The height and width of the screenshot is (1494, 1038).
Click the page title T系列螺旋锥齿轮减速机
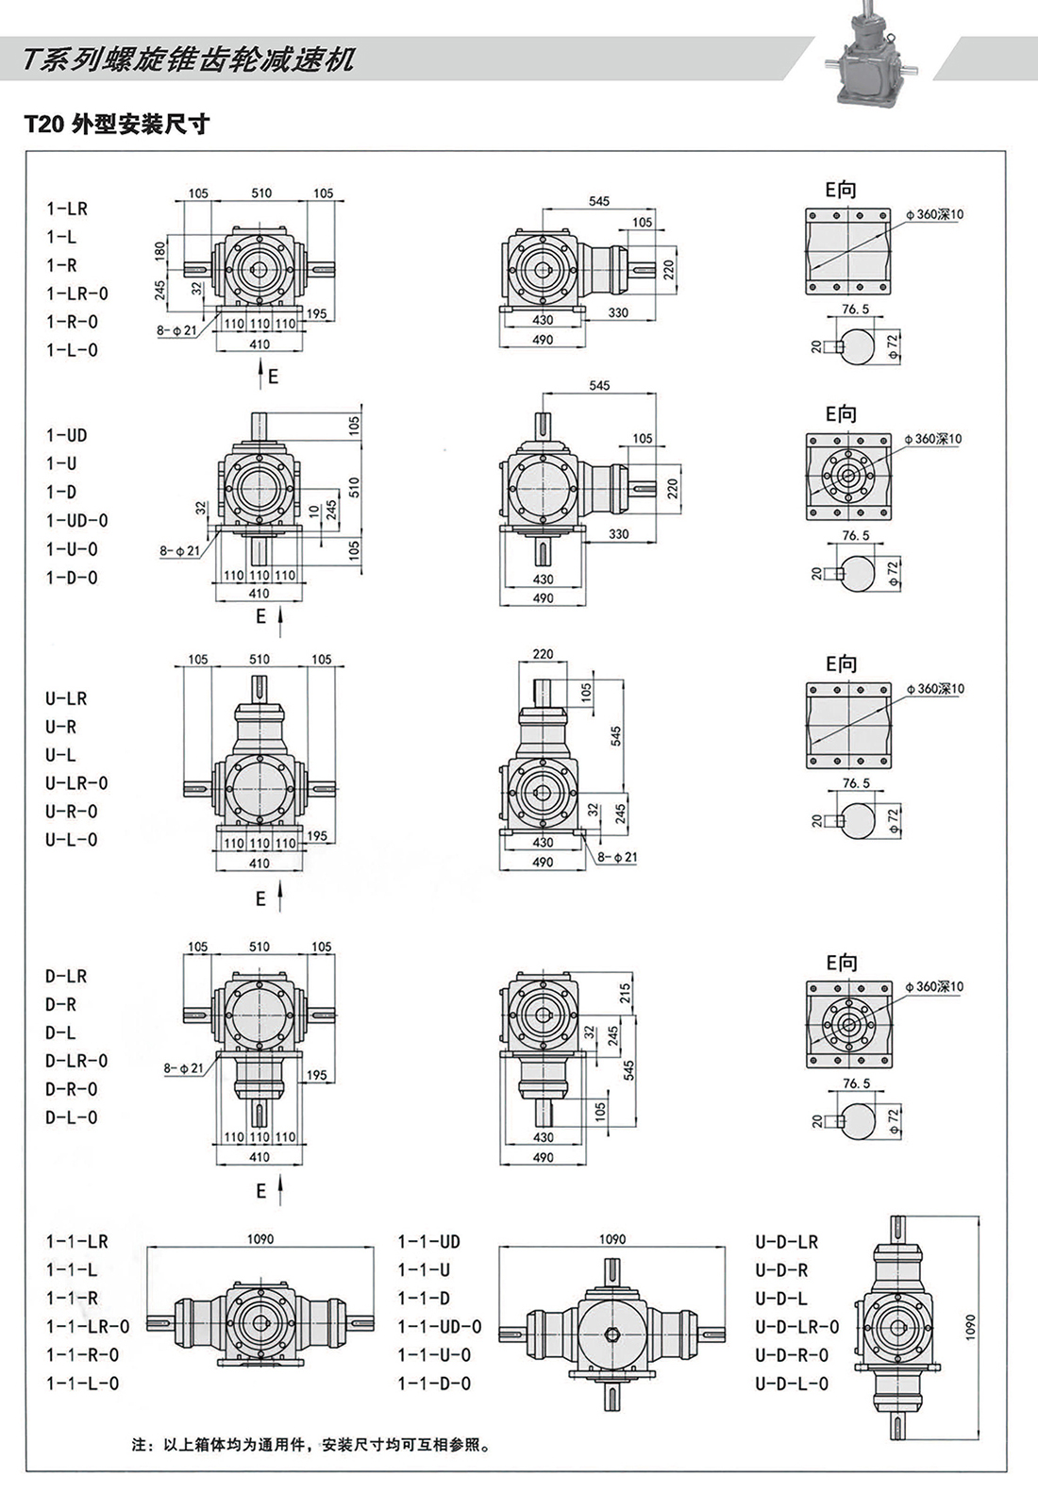189,59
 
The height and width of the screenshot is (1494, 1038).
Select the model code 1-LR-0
77,294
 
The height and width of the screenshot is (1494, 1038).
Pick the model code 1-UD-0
77,520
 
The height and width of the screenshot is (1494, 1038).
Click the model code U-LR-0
76,783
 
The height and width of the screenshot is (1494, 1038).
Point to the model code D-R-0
72,1089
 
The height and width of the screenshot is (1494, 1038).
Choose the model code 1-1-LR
77,1242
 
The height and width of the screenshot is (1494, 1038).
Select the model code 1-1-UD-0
439,1327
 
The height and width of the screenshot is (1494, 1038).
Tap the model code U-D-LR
786,1242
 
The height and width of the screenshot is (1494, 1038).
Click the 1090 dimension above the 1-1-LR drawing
260,1239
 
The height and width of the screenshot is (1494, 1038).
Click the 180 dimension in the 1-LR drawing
160,250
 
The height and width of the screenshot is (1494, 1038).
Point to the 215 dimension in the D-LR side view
625,993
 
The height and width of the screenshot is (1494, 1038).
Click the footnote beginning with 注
311,1445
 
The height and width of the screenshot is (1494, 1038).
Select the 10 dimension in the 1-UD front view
314,511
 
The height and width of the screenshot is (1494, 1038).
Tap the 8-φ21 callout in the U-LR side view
617,857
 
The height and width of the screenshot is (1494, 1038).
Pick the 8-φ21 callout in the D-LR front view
183,1068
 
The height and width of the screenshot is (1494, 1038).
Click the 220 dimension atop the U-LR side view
543,653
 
